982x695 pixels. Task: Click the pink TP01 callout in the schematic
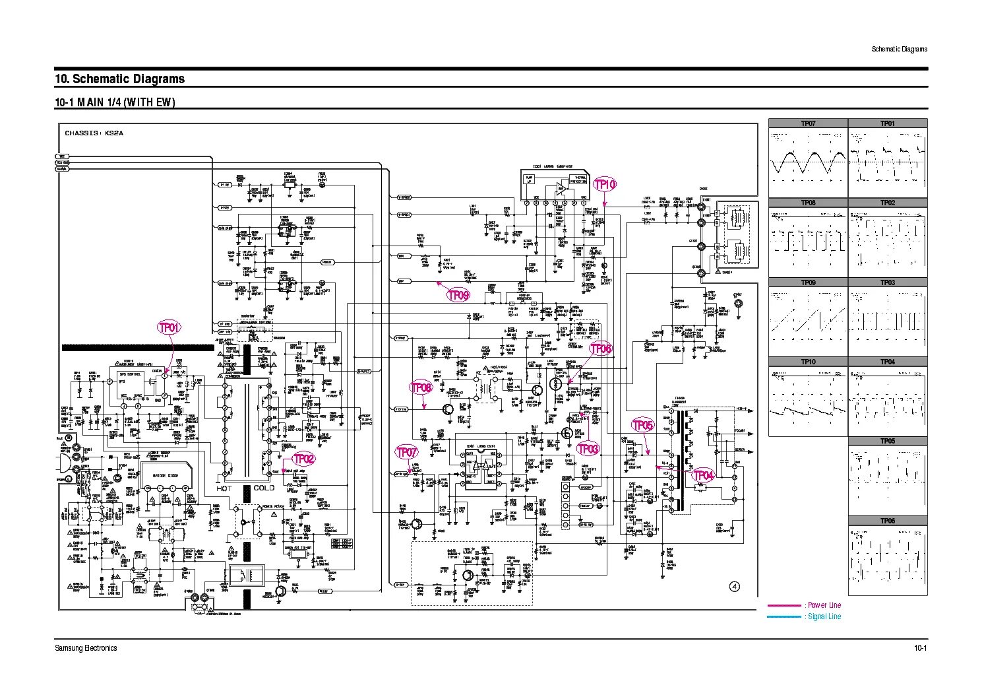coord(169,327)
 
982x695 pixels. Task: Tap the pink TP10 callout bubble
coord(605,185)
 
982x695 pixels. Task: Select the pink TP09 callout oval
coord(458,295)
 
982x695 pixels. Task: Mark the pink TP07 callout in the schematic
coord(406,453)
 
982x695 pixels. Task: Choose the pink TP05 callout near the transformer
coord(642,425)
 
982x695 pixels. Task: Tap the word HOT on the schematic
coord(224,488)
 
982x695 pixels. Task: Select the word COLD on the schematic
coord(264,488)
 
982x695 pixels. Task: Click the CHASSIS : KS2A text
coord(94,133)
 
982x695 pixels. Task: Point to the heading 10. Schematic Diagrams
coord(119,79)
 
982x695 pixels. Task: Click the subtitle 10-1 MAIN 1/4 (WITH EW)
coord(115,102)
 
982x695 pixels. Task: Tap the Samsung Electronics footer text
coord(86,647)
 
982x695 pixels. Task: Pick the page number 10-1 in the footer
coord(920,647)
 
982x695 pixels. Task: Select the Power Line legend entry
coord(824,605)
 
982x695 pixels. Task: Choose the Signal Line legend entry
coord(824,616)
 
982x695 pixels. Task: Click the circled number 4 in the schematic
coord(735,586)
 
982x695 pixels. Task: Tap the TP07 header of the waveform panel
coord(808,123)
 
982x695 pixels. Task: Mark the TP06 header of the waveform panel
coord(888,521)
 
